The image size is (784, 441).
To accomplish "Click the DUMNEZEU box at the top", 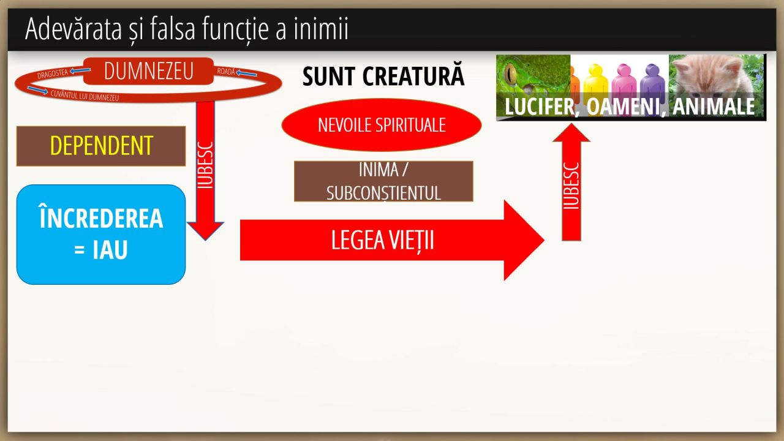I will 148,71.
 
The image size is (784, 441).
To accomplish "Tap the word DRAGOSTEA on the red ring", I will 53,75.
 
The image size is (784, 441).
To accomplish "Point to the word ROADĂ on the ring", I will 226,72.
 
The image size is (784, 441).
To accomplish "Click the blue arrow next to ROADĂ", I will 247,74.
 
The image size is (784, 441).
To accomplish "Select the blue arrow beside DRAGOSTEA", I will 80,70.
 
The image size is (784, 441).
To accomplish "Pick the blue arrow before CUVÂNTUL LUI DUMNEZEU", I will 37,91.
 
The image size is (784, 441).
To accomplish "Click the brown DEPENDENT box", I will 101,146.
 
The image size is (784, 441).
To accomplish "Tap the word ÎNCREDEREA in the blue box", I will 101,219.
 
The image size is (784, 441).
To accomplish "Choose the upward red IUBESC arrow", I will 571,184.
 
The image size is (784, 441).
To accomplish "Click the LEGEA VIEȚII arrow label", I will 382,240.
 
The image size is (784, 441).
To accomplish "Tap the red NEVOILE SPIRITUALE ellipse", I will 381,125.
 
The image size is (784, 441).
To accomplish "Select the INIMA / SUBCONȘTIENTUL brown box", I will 383,181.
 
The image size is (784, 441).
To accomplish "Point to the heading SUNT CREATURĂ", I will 383,77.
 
